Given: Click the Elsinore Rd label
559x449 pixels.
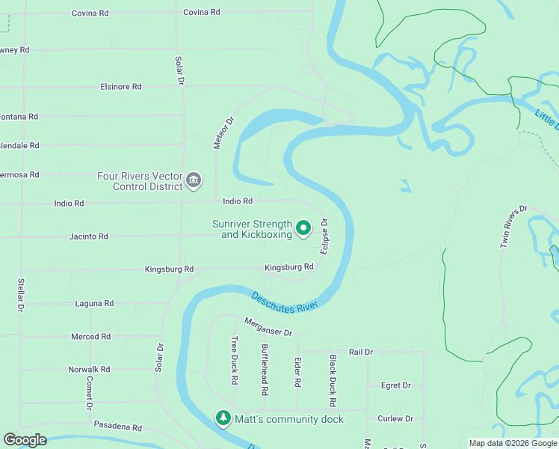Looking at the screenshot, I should [x=121, y=87].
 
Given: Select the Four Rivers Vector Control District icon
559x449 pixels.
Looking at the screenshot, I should [x=194, y=180].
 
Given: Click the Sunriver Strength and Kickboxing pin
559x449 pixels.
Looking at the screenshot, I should [x=303, y=227].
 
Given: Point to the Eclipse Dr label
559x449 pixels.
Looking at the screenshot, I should [x=325, y=236].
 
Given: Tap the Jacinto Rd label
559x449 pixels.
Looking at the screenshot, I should [x=89, y=236].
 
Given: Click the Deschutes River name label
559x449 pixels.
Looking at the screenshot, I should [x=285, y=301].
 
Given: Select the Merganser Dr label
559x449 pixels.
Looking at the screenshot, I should [x=268, y=326].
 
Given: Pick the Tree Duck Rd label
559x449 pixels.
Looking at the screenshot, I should [x=234, y=360].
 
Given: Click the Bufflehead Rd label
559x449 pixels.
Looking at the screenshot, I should [x=265, y=370].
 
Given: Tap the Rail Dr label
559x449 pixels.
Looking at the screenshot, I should [x=360, y=352].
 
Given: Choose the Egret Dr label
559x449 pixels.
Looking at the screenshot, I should [x=396, y=385].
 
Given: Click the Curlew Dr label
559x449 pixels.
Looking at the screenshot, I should [x=395, y=419].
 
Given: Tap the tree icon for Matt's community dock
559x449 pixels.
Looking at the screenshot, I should [x=223, y=417].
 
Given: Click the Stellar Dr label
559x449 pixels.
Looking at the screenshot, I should [x=20, y=295].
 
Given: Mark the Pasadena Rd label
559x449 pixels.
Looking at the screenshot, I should [x=117, y=427].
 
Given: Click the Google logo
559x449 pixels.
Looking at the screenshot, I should [x=25, y=440].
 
